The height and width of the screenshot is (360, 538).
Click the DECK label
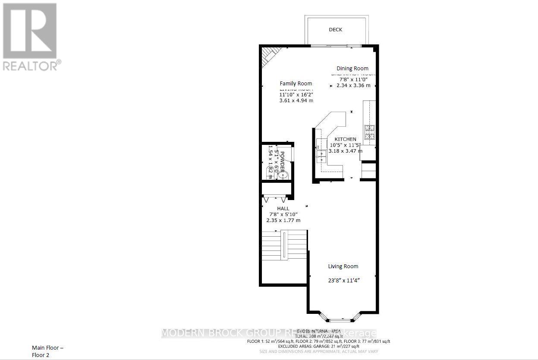tap(335, 30)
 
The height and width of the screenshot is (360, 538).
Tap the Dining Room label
tap(352, 69)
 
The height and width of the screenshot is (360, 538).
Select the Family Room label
tap(296, 84)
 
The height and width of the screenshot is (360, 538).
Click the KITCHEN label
tap(346, 139)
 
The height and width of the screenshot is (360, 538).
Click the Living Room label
tap(343, 266)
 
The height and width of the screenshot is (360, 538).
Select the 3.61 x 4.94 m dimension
tap(296, 100)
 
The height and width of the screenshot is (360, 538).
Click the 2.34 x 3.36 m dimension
tap(353, 85)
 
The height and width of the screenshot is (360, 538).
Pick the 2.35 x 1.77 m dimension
tap(283, 220)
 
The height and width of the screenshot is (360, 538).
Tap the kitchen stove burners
tap(370, 132)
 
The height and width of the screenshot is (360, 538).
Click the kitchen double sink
tap(320, 155)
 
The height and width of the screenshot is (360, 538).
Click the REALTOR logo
tap(30, 36)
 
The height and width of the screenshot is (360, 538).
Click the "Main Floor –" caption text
tap(47, 347)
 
